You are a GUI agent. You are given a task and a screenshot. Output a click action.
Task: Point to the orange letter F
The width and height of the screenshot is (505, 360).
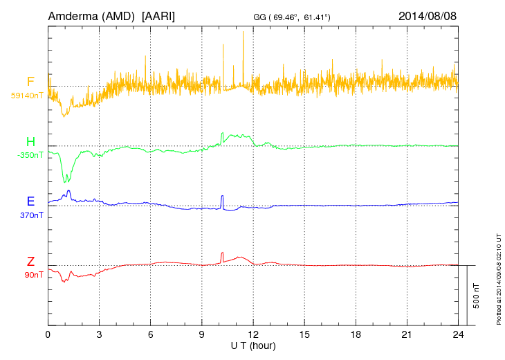(30, 82)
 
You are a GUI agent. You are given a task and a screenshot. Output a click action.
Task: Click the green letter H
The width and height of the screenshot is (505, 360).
(30, 142)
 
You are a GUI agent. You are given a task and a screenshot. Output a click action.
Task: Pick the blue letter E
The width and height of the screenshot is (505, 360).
(30, 201)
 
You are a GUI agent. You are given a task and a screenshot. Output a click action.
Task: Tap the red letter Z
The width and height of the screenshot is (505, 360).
(30, 261)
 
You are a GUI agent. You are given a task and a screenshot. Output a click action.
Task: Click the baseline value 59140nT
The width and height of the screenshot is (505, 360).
(27, 96)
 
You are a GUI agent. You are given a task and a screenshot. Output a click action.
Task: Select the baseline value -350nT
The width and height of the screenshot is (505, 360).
(30, 155)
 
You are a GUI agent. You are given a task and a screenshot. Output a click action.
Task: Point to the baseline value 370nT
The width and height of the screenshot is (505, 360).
(32, 215)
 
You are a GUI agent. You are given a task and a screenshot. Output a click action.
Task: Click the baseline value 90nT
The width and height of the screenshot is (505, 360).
(33, 275)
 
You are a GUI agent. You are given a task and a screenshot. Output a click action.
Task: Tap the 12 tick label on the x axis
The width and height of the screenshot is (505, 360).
(253, 334)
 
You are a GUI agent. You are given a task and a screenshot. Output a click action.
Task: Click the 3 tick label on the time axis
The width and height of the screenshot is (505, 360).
(99, 334)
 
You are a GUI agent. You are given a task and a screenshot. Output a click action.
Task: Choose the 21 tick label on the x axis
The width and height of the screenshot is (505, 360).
(407, 334)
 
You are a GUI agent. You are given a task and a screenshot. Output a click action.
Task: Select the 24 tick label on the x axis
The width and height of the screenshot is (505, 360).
(458, 334)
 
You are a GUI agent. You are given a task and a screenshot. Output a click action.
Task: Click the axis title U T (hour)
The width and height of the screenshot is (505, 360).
(253, 345)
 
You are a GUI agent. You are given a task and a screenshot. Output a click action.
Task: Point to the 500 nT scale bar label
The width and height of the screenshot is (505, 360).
(477, 296)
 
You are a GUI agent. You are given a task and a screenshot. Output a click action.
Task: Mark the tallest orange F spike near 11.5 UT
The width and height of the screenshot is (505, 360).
(244, 33)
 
